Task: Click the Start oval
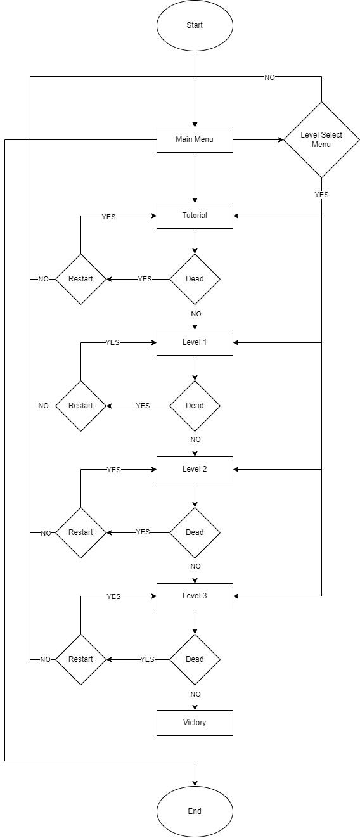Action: tap(195, 25)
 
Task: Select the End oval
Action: tap(195, 811)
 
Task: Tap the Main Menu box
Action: tap(195, 139)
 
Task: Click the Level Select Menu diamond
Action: tap(321, 140)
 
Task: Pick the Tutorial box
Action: tap(195, 216)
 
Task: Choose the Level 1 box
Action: tap(195, 342)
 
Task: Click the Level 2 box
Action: tap(195, 469)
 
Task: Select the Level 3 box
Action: tap(195, 596)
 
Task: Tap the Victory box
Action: tap(195, 723)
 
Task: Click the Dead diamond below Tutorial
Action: tap(195, 279)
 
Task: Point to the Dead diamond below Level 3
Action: tap(195, 659)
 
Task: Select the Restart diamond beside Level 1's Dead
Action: tap(81, 406)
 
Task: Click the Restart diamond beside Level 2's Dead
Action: tap(81, 532)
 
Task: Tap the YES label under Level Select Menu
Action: tap(321, 195)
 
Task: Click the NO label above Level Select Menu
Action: tap(269, 77)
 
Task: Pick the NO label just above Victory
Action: tap(195, 694)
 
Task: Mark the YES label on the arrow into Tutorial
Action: tap(109, 217)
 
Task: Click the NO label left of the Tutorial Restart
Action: tap(43, 279)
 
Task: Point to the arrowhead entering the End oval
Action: tap(195, 783)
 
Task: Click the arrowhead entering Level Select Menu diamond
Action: tap(281, 140)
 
